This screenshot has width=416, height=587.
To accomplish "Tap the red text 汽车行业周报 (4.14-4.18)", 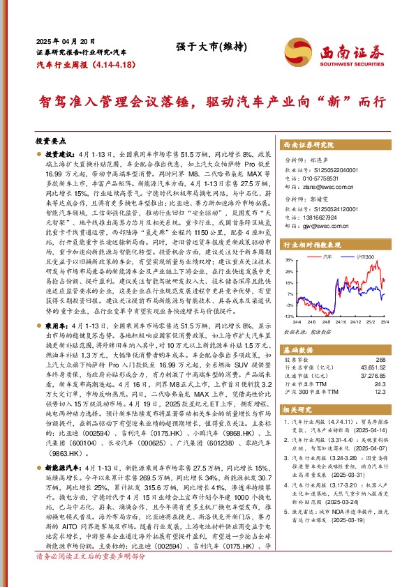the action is pyautogui.click(x=84, y=63).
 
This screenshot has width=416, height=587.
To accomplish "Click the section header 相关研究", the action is pyautogui.click(x=296, y=411).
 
